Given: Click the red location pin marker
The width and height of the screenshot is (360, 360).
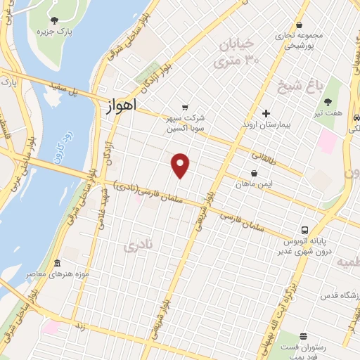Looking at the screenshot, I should coord(181,165).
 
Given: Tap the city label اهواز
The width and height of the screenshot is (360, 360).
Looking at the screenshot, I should coord(120,108).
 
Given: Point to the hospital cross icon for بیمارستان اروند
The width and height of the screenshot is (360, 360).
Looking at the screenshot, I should coord(266,113).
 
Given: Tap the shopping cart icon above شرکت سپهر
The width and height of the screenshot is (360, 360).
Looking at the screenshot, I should coord(184,108).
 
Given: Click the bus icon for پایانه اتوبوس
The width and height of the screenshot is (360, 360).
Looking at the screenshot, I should coord(304,230).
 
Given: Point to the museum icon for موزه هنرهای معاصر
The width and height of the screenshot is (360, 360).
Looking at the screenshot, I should coord(57,262).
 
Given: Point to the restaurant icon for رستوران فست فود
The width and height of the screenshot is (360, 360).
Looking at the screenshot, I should coord(303,337).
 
